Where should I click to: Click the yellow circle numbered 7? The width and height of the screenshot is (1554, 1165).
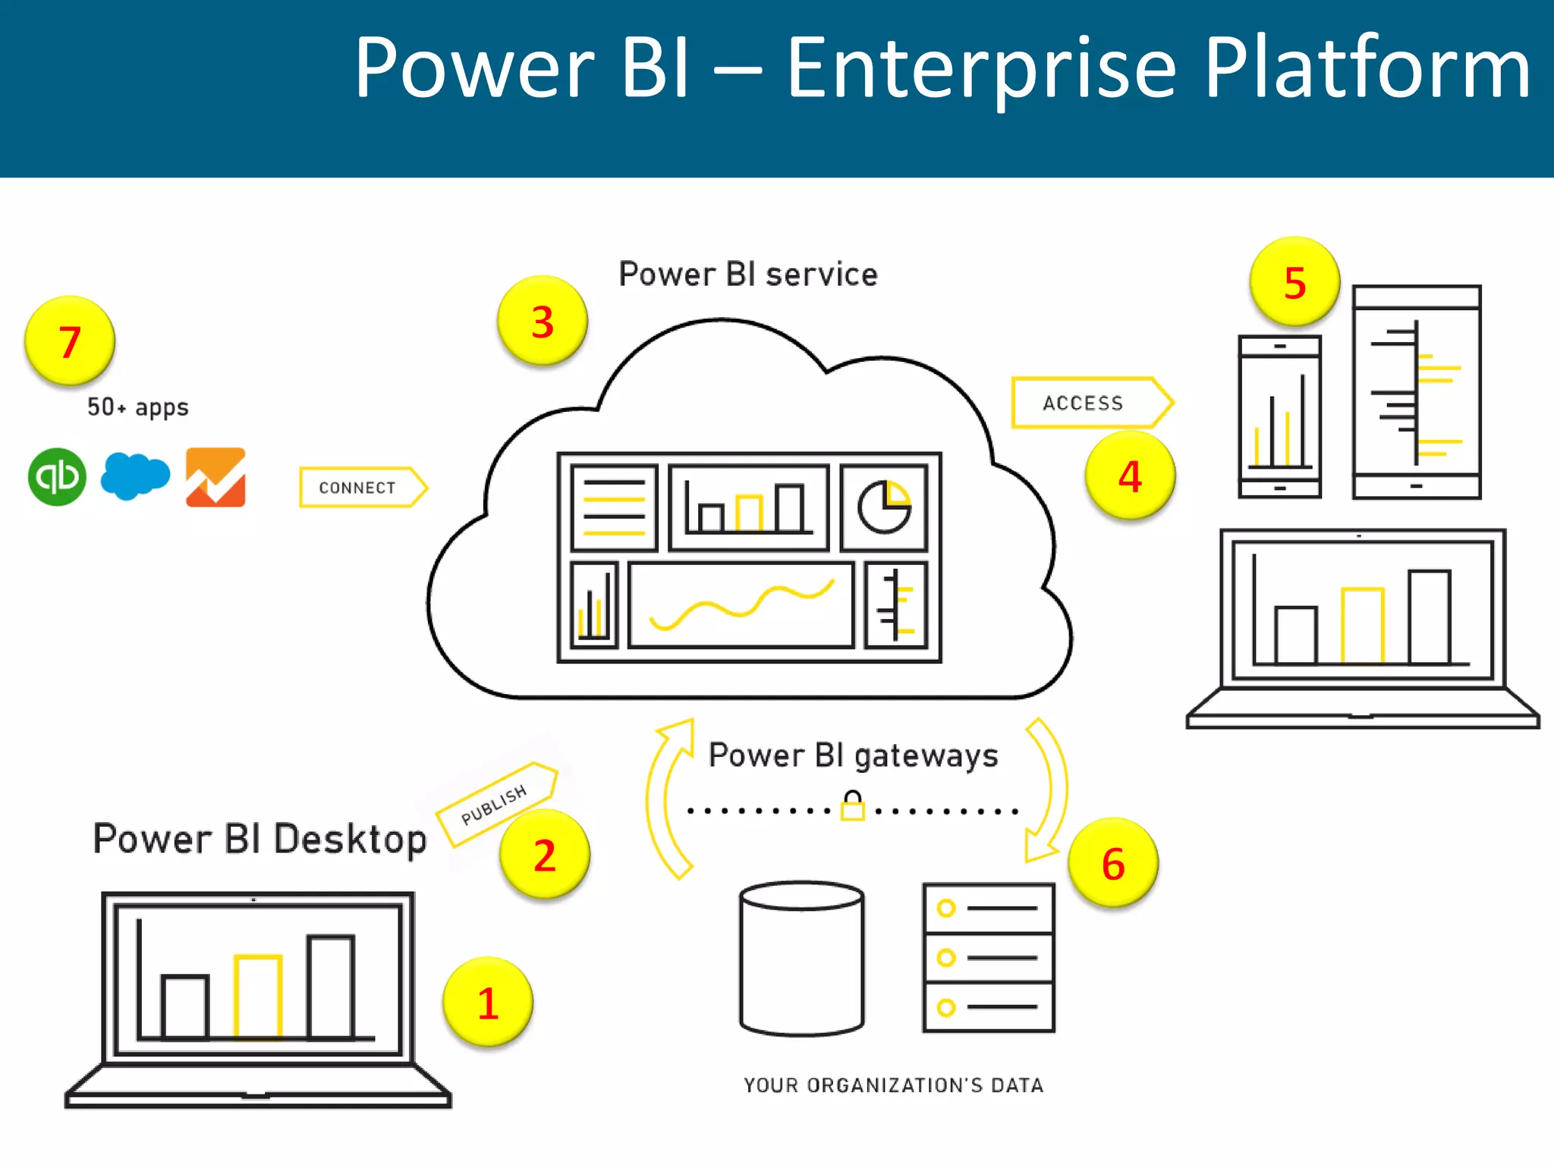pyautogui.click(x=69, y=341)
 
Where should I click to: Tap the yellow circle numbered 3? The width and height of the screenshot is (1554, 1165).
pyautogui.click(x=542, y=321)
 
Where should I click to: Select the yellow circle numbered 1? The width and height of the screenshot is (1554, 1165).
pyautogui.click(x=487, y=1002)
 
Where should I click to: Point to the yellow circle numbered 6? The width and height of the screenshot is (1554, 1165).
pyautogui.click(x=1112, y=862)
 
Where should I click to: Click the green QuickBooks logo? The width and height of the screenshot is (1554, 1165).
pyautogui.click(x=57, y=477)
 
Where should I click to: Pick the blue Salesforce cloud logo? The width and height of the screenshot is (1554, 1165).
pyautogui.click(x=135, y=476)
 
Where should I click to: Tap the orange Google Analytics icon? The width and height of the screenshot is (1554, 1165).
pyautogui.click(x=215, y=477)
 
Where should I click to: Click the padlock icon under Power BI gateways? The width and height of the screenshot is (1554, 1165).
pyautogui.click(x=853, y=805)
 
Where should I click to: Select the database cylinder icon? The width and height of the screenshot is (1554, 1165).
pyautogui.click(x=802, y=958)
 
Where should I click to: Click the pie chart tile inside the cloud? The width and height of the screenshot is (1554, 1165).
pyautogui.click(x=884, y=507)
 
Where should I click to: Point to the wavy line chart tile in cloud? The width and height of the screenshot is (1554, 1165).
pyautogui.click(x=741, y=604)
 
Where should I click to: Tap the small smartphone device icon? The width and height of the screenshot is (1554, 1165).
pyautogui.click(x=1279, y=416)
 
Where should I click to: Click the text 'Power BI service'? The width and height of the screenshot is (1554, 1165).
pyautogui.click(x=747, y=274)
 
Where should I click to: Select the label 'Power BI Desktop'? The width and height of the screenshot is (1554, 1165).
pyautogui.click(x=260, y=839)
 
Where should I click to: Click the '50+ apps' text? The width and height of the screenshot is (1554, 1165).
pyautogui.click(x=137, y=407)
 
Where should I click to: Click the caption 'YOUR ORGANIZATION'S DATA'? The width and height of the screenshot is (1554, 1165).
pyautogui.click(x=893, y=1085)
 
